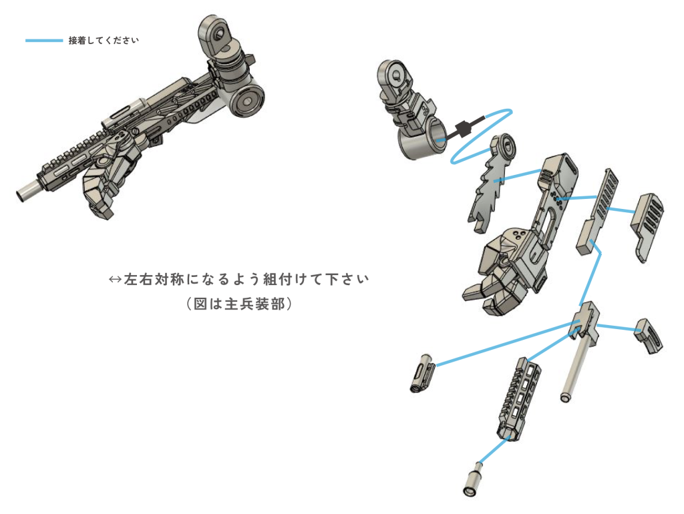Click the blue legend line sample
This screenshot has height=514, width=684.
44,41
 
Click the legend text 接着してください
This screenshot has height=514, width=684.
104,41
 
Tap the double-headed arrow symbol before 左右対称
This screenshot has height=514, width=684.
115,279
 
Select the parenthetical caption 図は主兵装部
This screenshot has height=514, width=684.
240,304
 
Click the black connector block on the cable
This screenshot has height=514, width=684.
463,129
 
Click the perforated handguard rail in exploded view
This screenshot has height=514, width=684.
518,399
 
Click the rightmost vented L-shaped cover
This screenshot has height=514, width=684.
647,226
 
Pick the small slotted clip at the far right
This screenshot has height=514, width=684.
649,336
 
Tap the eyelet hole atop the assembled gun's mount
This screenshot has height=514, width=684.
218,32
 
